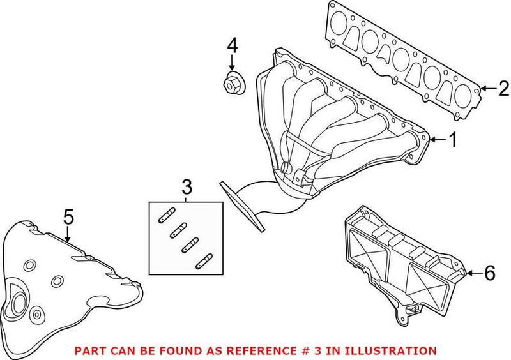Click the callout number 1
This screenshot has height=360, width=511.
pos(452,140)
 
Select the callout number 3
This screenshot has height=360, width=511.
pos(186,187)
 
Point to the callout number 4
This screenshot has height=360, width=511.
pos(233,45)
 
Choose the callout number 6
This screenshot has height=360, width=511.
pos(489,274)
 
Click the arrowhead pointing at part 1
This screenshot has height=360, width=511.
pos(432,139)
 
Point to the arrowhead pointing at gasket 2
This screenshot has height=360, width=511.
pos(484,89)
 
